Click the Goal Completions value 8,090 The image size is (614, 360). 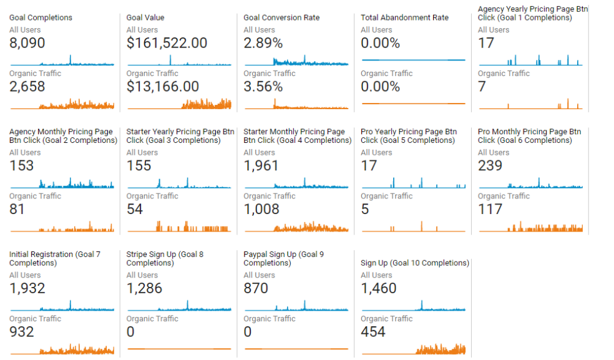27,43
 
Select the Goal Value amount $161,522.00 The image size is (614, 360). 167,43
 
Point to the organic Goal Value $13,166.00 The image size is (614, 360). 162,87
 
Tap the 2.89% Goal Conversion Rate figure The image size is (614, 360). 263,43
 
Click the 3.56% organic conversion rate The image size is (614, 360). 263,87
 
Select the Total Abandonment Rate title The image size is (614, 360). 404,17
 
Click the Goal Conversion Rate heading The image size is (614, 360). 282,17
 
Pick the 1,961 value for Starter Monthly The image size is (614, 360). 261,166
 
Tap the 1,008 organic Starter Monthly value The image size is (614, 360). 261,210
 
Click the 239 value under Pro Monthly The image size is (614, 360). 490,166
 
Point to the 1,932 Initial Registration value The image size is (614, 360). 27,288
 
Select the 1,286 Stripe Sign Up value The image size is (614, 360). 144,288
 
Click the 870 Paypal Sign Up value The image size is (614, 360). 256,288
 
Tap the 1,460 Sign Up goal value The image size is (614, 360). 379,288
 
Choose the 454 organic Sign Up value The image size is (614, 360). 373,332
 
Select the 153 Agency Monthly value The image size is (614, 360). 22,166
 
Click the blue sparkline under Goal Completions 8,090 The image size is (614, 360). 62,62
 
